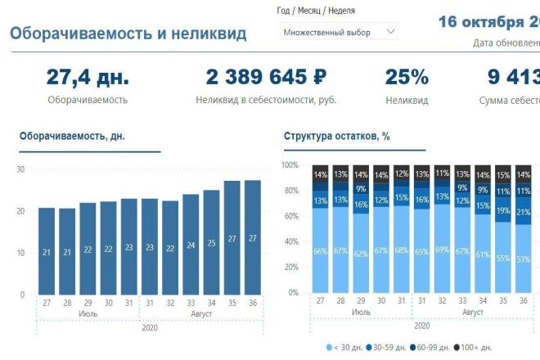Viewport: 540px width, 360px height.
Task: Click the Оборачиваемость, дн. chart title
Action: pyautogui.click(x=72, y=137)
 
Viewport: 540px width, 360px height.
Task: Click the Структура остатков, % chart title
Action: pyautogui.click(x=336, y=137)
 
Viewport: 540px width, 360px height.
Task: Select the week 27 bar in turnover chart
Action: pyautogui.click(x=47, y=251)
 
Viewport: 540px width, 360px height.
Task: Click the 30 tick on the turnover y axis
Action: pyautogui.click(x=20, y=169)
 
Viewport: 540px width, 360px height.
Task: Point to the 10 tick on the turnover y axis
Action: pyautogui.click(x=20, y=253)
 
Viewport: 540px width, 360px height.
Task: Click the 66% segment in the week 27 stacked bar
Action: pyautogui.click(x=320, y=250)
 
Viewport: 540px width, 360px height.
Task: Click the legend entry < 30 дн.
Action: pyautogui.click(x=344, y=348)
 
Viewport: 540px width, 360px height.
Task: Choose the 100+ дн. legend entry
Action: pyautogui.click(x=474, y=348)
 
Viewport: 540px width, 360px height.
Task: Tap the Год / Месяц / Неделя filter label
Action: pyautogui.click(x=316, y=11)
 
